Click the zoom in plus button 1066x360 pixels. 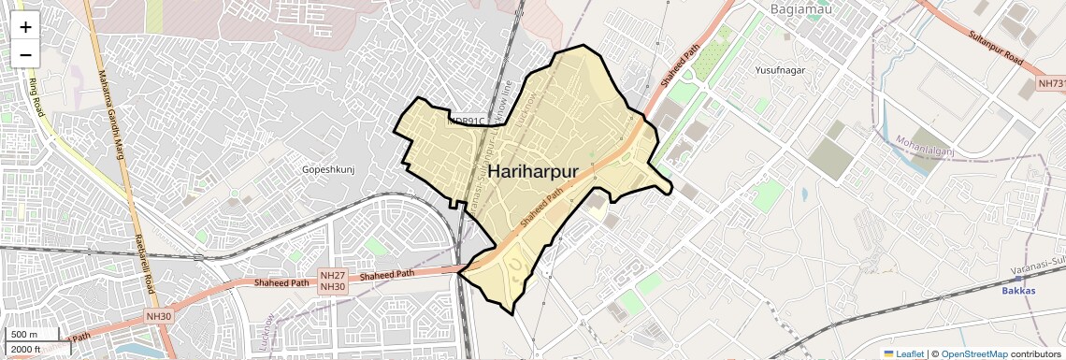[25, 27]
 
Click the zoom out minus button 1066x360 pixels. [25, 54]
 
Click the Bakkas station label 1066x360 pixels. [1018, 291]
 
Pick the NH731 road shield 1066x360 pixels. [1052, 84]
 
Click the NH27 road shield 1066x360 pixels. [332, 275]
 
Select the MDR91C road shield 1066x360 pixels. [467, 121]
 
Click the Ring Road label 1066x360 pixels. [38, 94]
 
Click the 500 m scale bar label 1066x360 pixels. [23, 335]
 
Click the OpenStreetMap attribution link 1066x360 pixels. [973, 353]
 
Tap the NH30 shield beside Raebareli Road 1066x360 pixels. [159, 317]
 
